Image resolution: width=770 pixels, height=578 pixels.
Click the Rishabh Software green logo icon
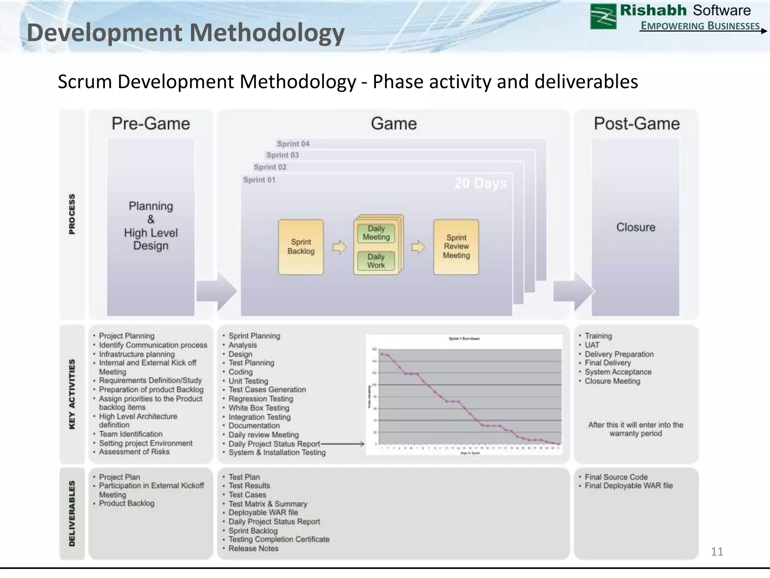pos(603,17)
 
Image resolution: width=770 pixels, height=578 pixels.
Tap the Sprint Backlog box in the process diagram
pos(301,247)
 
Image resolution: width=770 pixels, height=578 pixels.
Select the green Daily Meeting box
pos(376,233)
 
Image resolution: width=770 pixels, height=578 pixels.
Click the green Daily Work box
pos(376,261)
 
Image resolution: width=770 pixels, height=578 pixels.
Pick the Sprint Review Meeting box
pos(456,247)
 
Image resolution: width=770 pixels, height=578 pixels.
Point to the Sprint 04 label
pos(293,144)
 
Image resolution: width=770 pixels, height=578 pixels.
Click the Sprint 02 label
pos(270,167)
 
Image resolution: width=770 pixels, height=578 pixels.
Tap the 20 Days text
pos(480,183)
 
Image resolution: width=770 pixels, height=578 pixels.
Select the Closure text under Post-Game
pos(635,227)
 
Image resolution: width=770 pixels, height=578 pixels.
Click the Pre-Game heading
pos(151,124)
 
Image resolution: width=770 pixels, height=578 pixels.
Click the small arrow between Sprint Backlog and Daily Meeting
pos(339,247)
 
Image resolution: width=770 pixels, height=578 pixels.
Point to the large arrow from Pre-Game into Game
pos(217,291)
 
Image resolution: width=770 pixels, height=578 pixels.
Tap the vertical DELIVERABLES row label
pos(72,513)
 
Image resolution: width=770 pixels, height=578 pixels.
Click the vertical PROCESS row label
pos(72,214)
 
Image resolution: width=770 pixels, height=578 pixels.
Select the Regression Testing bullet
pos(261,399)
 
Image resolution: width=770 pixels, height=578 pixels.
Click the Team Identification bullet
pos(130,434)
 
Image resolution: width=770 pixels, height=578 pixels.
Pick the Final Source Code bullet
pos(616,477)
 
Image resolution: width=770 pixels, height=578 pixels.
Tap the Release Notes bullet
pos(253,549)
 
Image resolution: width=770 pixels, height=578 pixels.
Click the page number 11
pos(717,552)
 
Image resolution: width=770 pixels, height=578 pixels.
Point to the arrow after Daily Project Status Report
pos(343,444)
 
